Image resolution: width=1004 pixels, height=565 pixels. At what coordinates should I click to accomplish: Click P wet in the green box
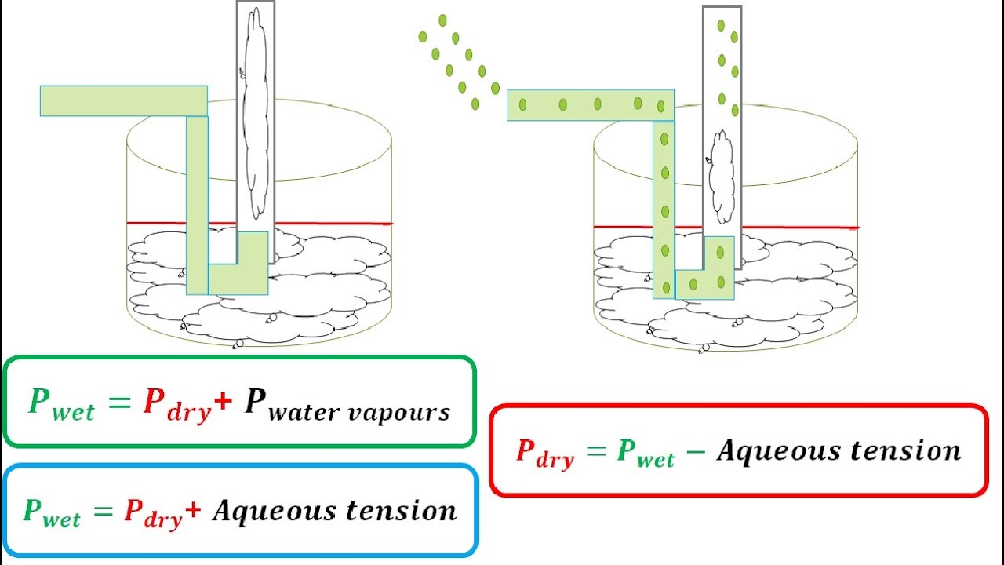[x=61, y=403]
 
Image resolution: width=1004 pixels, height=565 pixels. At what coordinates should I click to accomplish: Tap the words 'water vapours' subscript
[x=358, y=412]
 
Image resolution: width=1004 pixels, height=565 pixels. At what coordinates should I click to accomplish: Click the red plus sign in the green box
[x=223, y=400]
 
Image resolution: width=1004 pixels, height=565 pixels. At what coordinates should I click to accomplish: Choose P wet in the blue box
[x=52, y=512]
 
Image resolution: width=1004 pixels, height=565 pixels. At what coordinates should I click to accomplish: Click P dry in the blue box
[x=153, y=512]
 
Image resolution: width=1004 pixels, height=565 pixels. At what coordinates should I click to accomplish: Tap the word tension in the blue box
[x=401, y=510]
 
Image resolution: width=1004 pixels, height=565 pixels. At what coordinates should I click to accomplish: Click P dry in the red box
[x=544, y=453]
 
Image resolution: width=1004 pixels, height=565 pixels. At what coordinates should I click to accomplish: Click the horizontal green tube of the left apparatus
[x=123, y=101]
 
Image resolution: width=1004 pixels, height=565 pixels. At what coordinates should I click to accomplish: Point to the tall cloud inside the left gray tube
[x=256, y=110]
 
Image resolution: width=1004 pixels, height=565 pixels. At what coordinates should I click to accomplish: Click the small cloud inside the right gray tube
[x=721, y=177]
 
